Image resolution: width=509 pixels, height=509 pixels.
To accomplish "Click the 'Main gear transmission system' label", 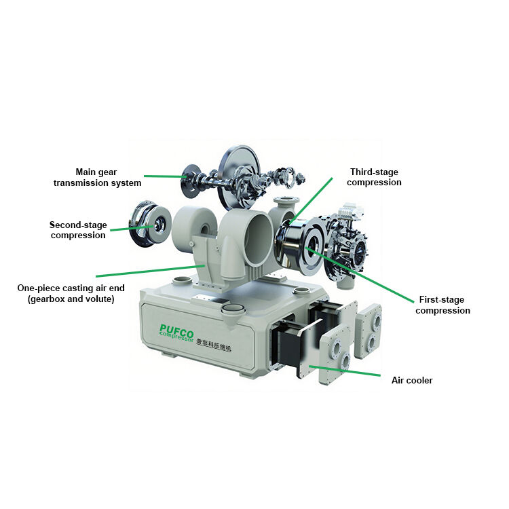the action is coord(97,177).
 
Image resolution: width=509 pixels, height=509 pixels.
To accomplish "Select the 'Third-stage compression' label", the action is coord(374,177).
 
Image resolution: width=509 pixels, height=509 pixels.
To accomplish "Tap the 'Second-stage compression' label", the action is coord(78,230).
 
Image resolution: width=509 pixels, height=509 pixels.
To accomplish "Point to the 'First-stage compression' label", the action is coord(442,305).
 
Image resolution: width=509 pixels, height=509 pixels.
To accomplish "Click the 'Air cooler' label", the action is coord(412,380).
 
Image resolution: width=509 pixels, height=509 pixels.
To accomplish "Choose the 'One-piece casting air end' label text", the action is coord(71,288).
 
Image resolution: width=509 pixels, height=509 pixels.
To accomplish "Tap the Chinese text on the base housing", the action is coord(214,345).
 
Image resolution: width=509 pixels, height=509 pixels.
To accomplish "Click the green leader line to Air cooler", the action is coord(345,371).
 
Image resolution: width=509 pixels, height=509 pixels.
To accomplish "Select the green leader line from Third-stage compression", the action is coord(311,200).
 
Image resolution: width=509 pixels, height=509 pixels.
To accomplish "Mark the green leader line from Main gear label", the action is coord(165,176).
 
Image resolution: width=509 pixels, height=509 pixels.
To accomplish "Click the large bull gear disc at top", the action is coord(240,178).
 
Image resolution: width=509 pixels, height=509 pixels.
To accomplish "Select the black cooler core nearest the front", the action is coord(287,346).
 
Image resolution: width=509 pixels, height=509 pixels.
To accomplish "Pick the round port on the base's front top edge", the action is coord(233,309).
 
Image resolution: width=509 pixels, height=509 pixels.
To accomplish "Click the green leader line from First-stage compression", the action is coord(360,276).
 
